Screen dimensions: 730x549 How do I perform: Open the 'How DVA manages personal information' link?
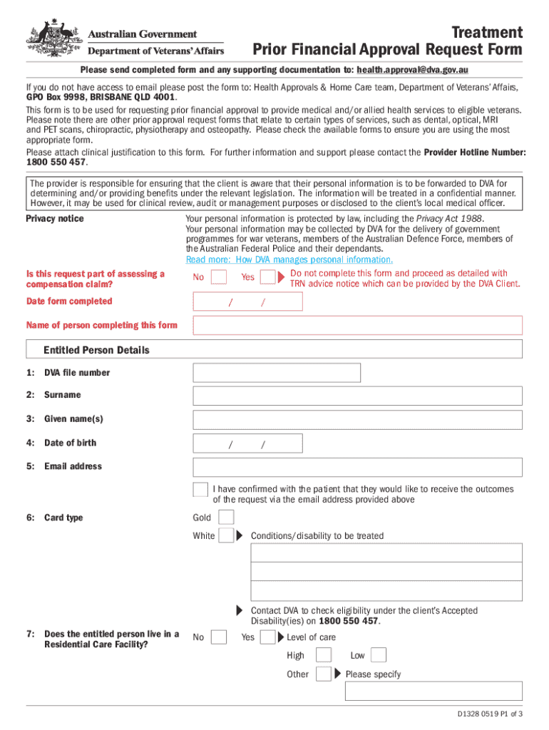coord(289,260)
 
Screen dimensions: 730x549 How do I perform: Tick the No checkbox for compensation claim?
coord(220,277)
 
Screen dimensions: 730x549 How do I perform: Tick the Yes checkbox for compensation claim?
coord(267,277)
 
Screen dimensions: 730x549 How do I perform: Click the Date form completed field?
coord(247,302)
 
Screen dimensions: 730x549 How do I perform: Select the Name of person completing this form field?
coord(357,326)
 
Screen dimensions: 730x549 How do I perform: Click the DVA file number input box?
coord(277,373)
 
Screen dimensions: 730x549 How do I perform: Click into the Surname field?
coord(357,396)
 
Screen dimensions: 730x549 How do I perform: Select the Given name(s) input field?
coord(357,419)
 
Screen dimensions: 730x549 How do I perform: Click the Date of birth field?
coord(247,443)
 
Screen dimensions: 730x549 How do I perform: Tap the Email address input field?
coord(357,467)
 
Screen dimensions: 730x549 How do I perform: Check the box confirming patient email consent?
coord(200,490)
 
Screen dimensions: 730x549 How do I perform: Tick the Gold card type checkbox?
coord(226,518)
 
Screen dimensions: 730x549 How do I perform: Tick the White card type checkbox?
coord(226,535)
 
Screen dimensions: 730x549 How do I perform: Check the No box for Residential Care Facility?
coord(220,637)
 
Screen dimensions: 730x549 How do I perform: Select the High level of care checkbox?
coord(323,656)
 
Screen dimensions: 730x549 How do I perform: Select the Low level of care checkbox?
coord(379,656)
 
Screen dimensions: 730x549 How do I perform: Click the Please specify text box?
coord(433,692)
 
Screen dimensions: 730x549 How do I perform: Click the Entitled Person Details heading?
coord(96,350)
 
